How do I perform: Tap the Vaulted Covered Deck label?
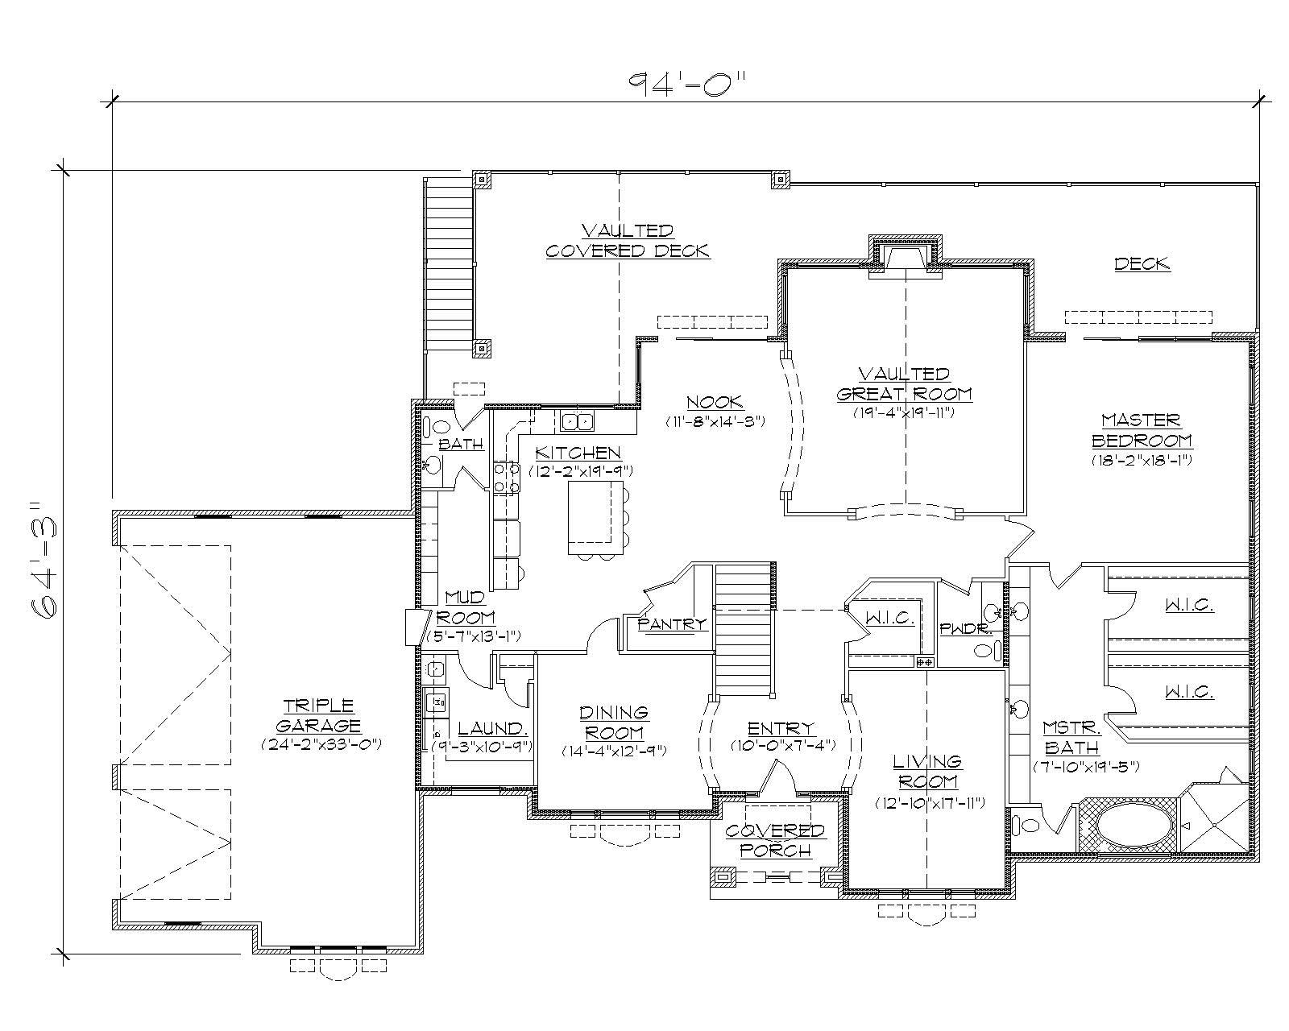click(628, 241)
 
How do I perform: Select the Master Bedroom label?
click(1142, 430)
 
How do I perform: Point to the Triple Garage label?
click(321, 714)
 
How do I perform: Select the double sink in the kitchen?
click(577, 421)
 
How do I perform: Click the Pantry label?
click(671, 623)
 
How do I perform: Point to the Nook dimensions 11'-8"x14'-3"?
click(714, 421)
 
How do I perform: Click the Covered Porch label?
click(774, 839)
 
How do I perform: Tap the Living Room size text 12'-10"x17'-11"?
click(930, 803)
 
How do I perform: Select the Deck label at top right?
click(1142, 263)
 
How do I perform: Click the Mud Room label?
click(465, 606)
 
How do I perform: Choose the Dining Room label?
click(614, 723)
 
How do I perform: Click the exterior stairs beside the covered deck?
click(449, 262)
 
